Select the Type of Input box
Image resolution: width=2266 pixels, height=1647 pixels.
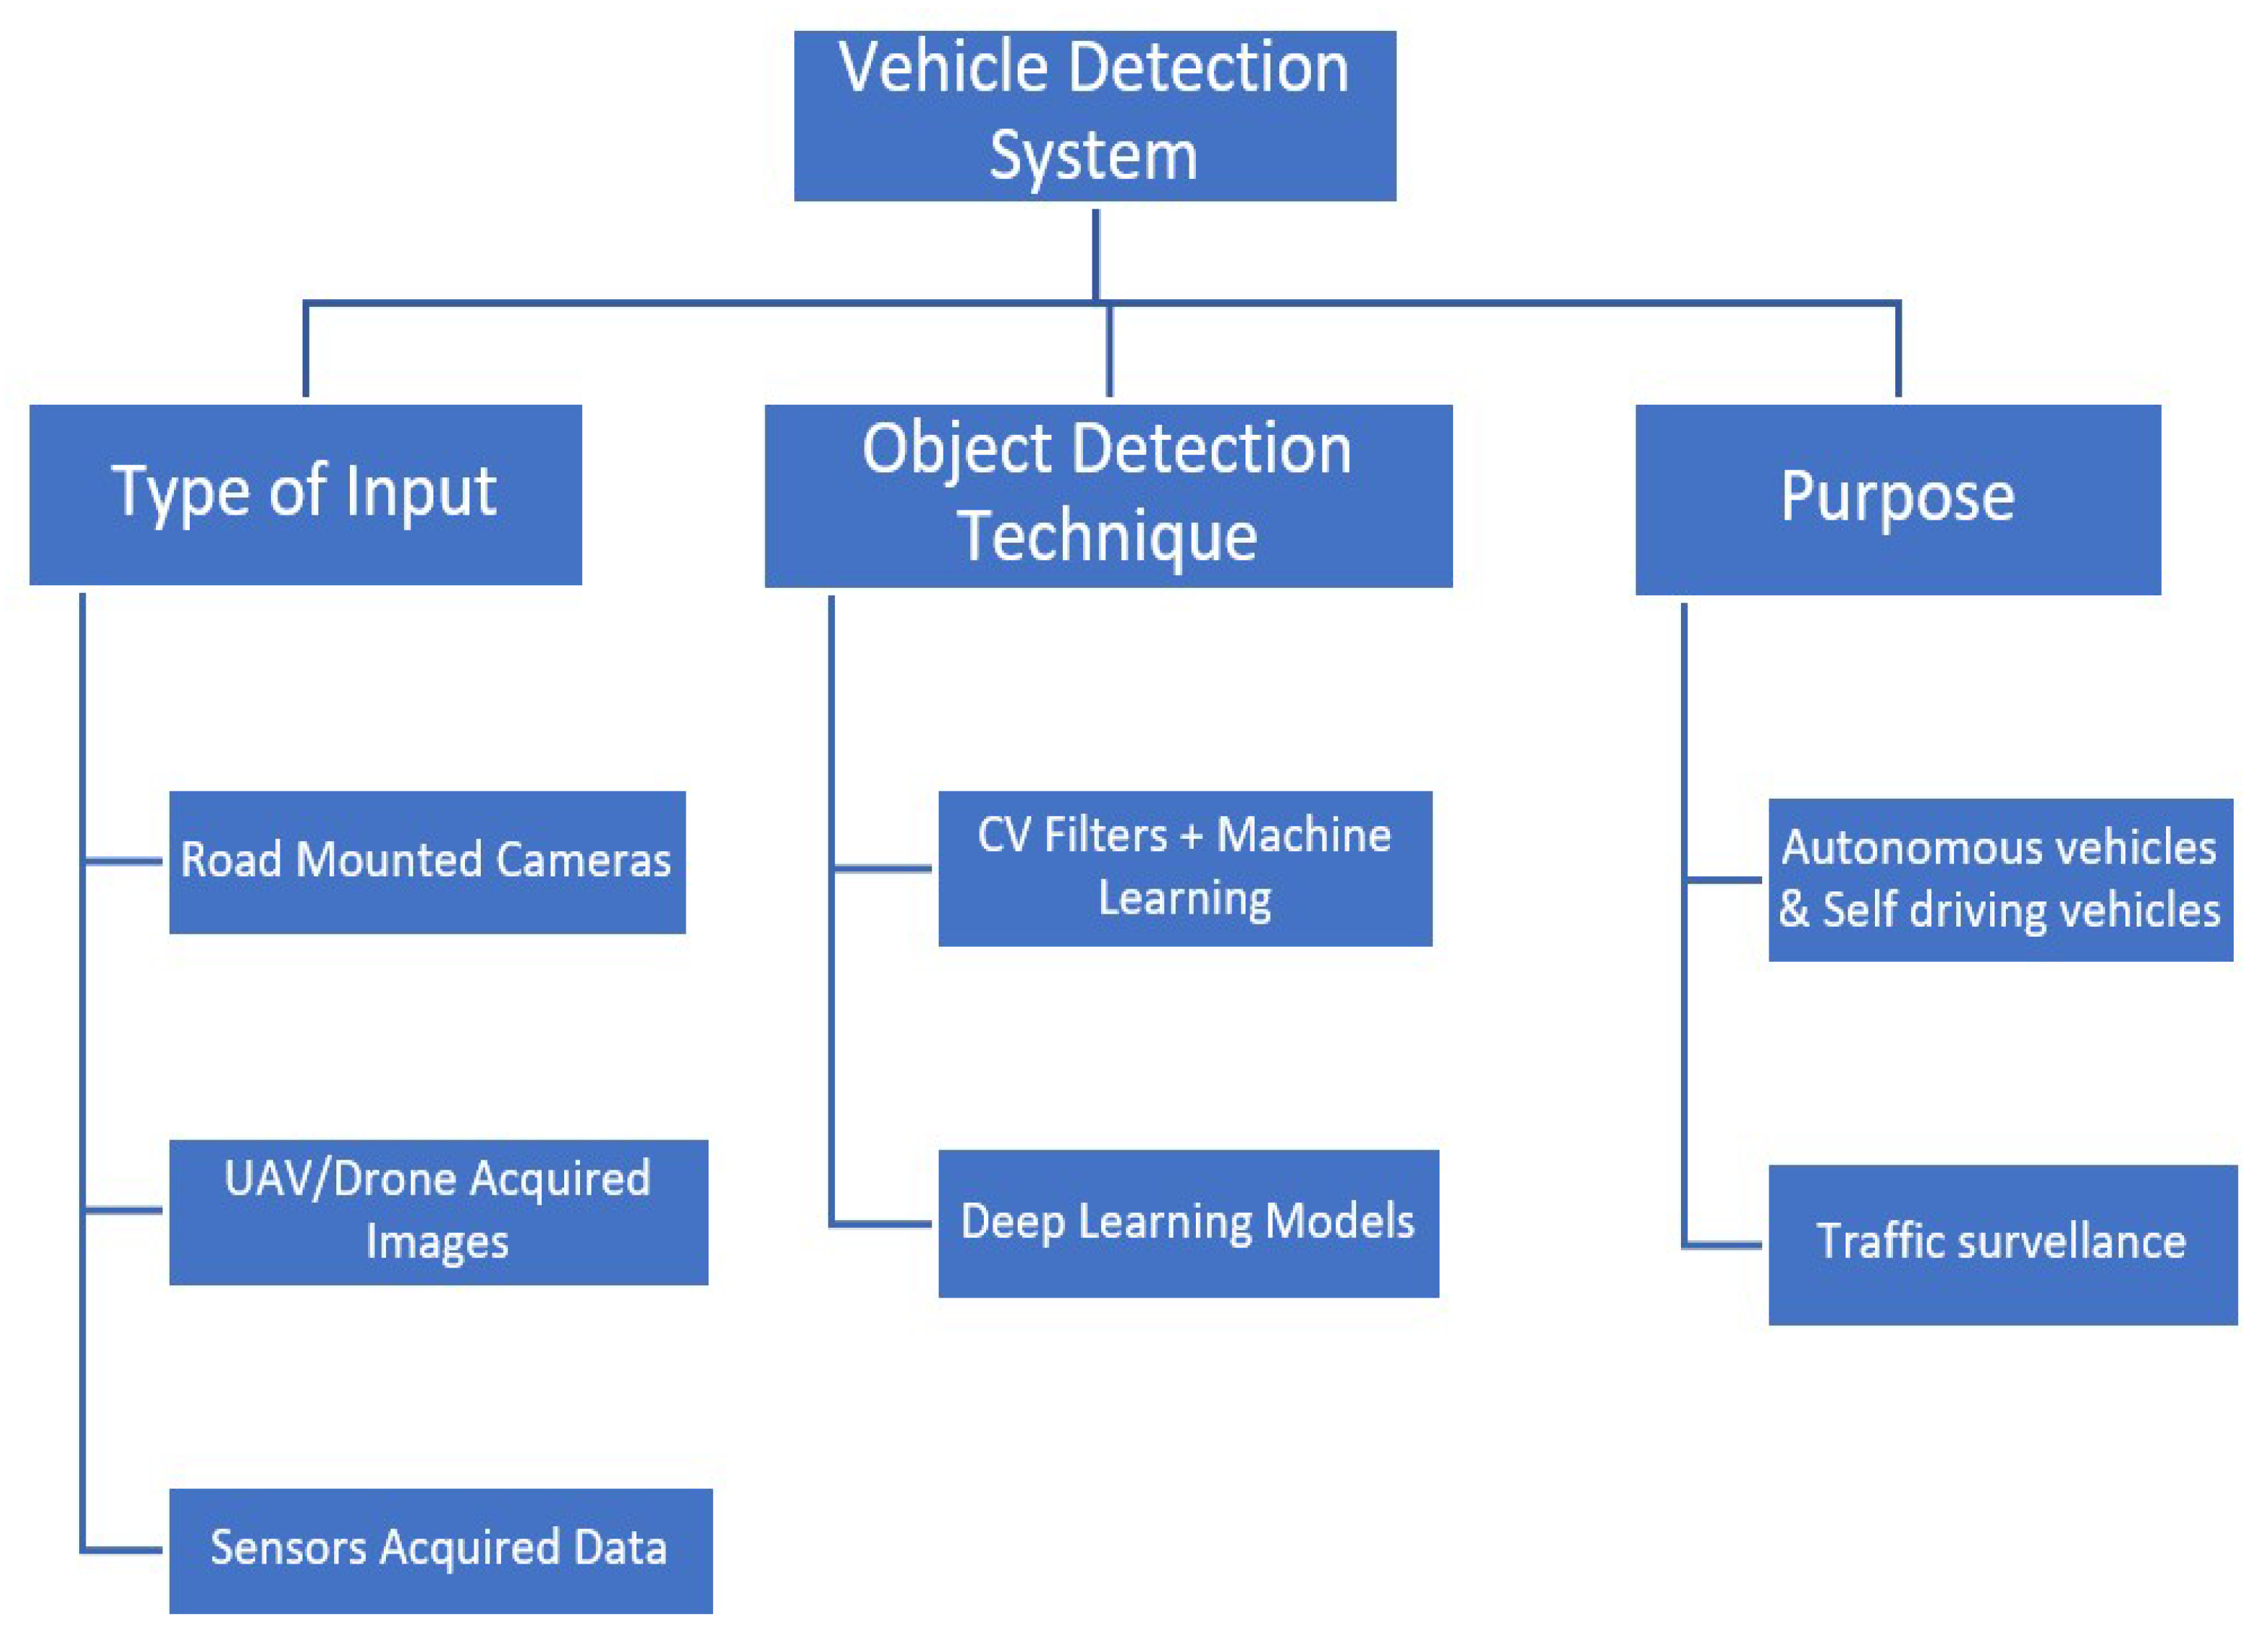click(305, 494)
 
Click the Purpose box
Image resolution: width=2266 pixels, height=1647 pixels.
click(1897, 499)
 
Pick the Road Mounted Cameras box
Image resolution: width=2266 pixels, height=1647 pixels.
click(427, 861)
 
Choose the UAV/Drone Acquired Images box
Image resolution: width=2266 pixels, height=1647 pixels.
click(438, 1211)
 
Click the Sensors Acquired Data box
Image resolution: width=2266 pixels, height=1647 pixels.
click(440, 1550)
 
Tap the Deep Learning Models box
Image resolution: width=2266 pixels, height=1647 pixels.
click(1188, 1222)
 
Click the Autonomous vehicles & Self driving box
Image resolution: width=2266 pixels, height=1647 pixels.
click(1999, 879)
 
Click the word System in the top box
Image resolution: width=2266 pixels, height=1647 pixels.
click(1093, 156)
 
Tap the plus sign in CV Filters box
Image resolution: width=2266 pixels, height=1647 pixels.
click(1190, 835)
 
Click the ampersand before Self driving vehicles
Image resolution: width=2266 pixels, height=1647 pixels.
click(1795, 910)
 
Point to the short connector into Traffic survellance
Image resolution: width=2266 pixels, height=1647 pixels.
click(1723, 1244)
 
